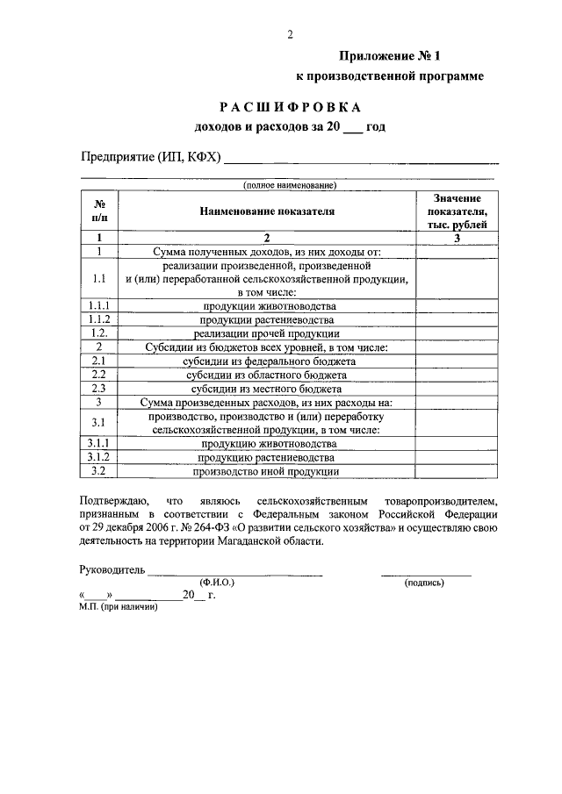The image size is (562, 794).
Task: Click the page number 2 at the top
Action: tap(289, 34)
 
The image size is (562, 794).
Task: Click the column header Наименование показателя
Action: tap(267, 211)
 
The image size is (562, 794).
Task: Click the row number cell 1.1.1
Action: tap(100, 305)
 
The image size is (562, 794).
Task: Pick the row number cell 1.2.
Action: tap(100, 333)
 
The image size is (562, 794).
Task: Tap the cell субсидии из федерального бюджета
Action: tap(267, 361)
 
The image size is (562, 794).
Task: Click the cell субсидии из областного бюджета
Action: tap(267, 375)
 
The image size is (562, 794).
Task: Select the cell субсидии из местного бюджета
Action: tap(267, 388)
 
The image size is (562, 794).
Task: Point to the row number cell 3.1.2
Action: tap(100, 457)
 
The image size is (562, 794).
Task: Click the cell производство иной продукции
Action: tap(267, 471)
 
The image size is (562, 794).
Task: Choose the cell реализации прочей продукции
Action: tap(267, 333)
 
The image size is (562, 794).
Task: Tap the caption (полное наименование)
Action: tap(289, 185)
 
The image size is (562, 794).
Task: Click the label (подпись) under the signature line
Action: tap(424, 582)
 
